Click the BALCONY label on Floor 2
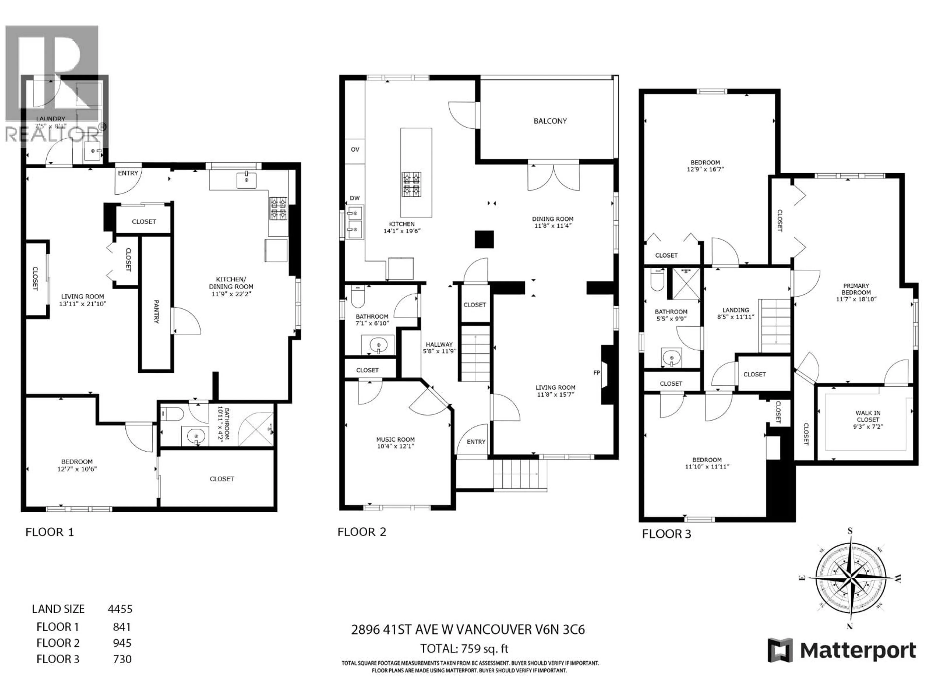coord(550,121)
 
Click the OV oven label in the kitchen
coord(355,150)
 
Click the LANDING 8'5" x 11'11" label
coord(735,313)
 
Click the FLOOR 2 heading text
coord(361,532)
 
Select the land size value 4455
coord(120,609)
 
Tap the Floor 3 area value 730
coord(122,659)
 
